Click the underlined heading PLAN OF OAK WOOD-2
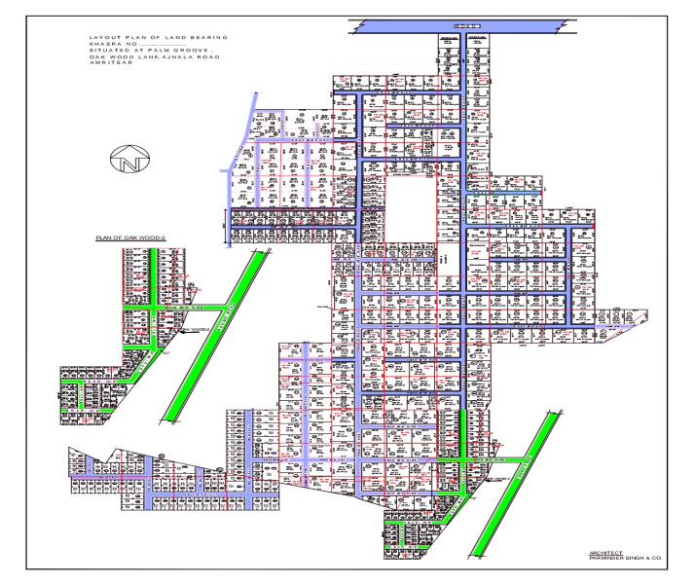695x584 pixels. point(130,237)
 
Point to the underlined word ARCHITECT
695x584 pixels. point(606,552)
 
